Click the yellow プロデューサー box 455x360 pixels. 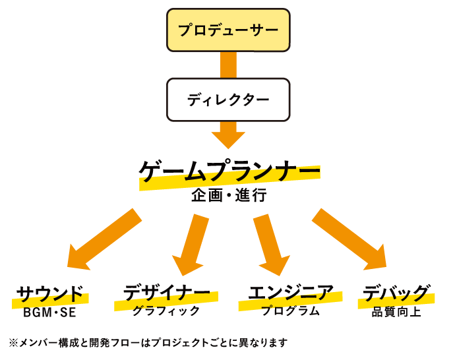(228, 30)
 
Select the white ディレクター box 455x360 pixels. (228, 100)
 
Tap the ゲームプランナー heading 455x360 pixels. (229, 171)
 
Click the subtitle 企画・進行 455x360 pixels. (229, 195)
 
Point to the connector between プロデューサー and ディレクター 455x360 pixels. (228, 65)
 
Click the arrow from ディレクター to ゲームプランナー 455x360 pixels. (228, 135)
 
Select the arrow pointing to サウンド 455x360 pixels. (104, 239)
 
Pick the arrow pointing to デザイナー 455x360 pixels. (191, 245)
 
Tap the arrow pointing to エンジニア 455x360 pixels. (272, 245)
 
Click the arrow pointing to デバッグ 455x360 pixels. (349, 239)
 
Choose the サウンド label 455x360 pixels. (50, 293)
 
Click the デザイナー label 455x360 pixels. (167, 293)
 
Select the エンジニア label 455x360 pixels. (291, 292)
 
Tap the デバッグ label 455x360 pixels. (396, 293)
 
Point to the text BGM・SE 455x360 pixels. (49, 313)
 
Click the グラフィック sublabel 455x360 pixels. (166, 311)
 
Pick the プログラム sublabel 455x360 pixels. (290, 311)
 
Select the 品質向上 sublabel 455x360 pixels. (396, 312)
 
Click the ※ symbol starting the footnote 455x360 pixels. (13, 343)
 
